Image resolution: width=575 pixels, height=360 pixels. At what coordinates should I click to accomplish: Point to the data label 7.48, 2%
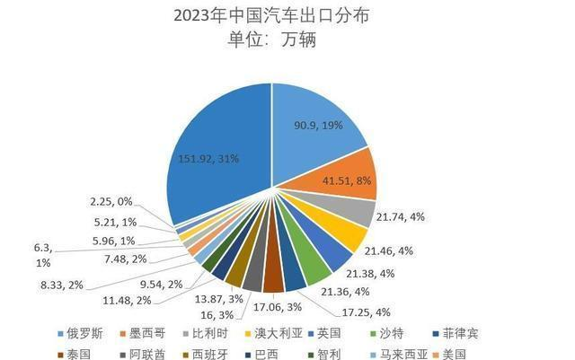127,259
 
